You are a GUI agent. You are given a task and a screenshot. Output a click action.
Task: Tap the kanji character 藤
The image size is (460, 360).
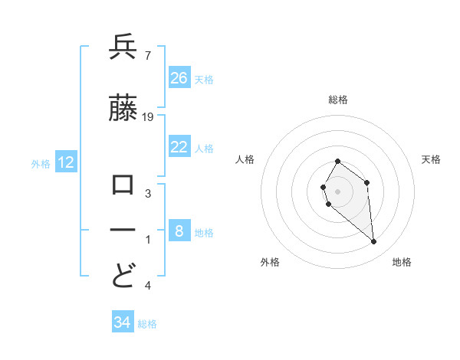point(123,109)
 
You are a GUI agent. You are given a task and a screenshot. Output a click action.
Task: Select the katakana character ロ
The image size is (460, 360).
point(123,185)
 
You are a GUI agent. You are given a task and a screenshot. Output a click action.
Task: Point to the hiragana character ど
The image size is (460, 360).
point(123,275)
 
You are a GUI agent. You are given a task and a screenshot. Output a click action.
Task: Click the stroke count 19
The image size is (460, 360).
point(148,116)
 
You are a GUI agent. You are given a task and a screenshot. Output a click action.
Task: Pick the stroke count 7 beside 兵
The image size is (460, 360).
point(147,56)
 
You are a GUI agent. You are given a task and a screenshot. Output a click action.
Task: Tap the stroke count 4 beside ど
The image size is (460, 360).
point(147,286)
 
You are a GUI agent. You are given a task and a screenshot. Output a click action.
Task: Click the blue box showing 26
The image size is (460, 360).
point(179,77)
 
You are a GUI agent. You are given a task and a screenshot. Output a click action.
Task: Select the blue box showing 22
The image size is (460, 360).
point(179,148)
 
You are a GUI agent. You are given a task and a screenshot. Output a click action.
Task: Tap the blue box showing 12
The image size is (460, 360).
point(66,162)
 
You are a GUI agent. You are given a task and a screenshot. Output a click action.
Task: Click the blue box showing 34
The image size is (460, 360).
point(122,322)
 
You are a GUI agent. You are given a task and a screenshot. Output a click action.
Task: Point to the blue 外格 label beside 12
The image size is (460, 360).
point(41,163)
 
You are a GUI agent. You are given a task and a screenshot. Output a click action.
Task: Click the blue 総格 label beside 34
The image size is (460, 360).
point(147,324)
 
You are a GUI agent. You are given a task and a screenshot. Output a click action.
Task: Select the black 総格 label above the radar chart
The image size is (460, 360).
point(337,100)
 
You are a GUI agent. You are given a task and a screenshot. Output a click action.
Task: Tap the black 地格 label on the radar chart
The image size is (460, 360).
point(402,262)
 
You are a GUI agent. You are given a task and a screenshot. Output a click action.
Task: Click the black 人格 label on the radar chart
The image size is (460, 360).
point(245,159)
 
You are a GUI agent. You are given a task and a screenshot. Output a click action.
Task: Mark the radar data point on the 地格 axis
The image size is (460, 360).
point(374,241)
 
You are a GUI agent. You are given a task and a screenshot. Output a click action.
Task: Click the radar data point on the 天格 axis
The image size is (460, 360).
point(367,182)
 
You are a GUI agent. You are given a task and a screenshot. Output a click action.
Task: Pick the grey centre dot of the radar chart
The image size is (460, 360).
point(337,191)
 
